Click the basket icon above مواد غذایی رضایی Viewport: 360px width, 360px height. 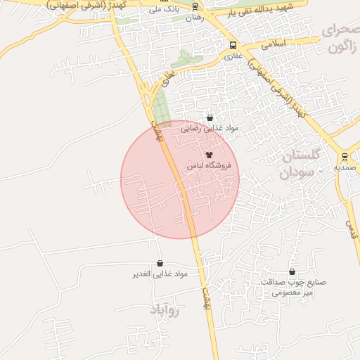[210, 117]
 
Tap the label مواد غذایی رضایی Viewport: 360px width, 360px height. [210, 128]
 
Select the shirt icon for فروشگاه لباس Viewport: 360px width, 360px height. [208, 154]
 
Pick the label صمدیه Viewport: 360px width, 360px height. [347, 168]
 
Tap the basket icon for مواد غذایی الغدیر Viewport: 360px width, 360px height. [160, 263]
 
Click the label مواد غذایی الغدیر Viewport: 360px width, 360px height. [160, 274]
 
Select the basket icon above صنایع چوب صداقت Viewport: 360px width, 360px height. [292, 271]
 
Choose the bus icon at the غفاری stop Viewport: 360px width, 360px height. [233, 44]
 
